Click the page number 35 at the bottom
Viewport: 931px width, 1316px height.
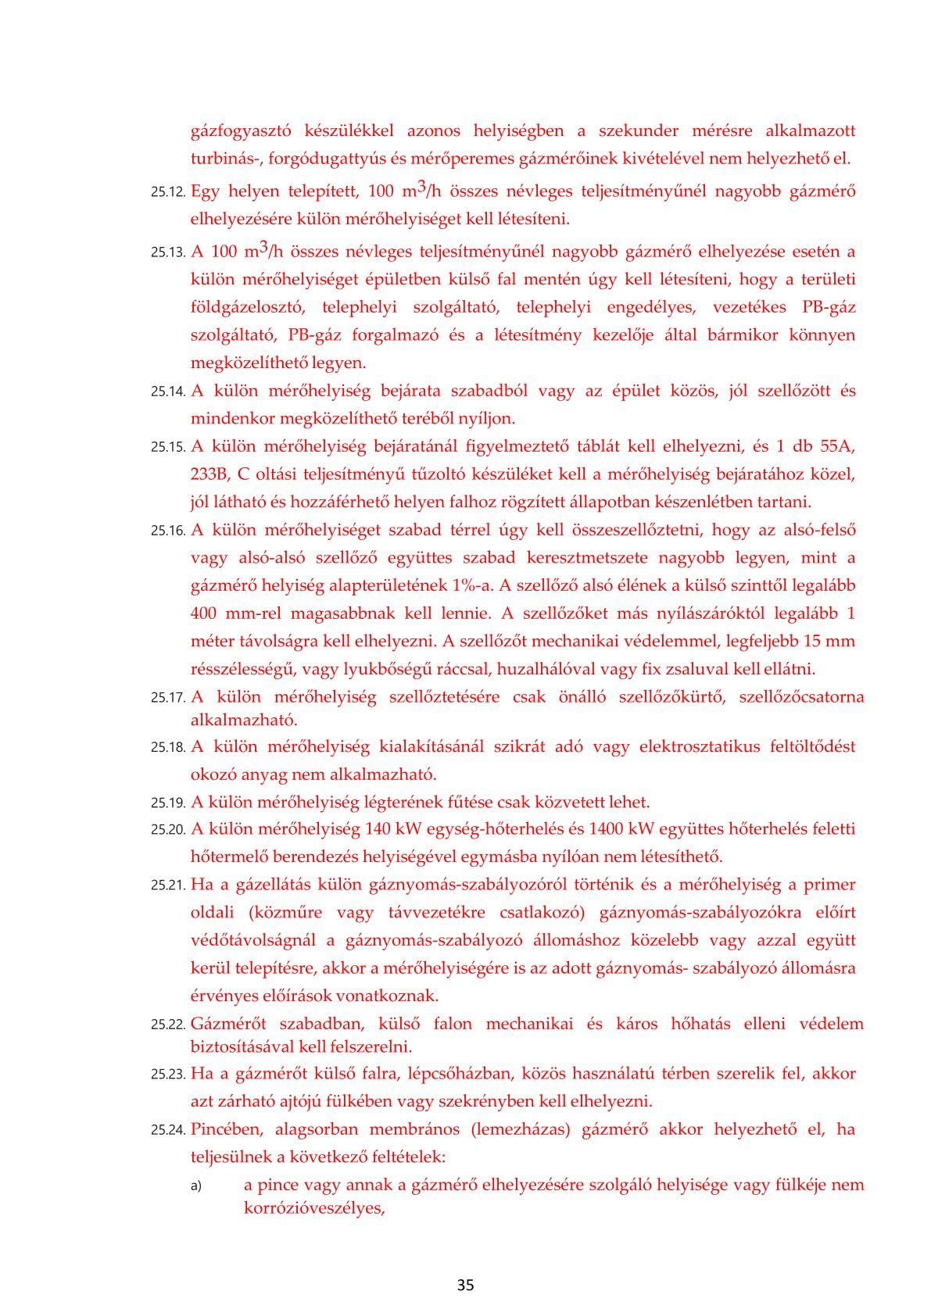465,1285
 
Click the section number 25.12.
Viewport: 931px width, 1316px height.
168,192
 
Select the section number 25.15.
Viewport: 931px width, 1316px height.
168,447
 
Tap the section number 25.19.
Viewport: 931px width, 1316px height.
168,803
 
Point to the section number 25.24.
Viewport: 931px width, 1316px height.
168,1130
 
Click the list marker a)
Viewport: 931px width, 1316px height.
196,1186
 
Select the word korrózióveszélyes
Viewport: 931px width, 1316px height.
314,1208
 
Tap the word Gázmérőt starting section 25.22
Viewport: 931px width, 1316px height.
228,1024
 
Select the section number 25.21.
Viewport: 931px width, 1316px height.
168,885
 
